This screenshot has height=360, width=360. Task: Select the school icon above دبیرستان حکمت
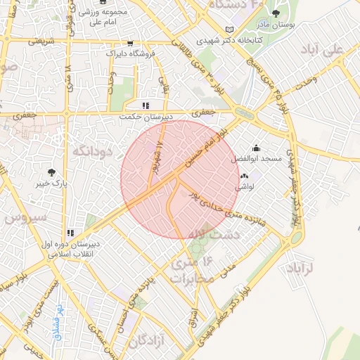(146, 105)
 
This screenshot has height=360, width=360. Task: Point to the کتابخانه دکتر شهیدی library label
(257, 41)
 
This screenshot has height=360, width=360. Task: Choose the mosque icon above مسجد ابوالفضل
(255, 148)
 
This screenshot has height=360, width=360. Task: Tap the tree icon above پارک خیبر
(51, 172)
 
